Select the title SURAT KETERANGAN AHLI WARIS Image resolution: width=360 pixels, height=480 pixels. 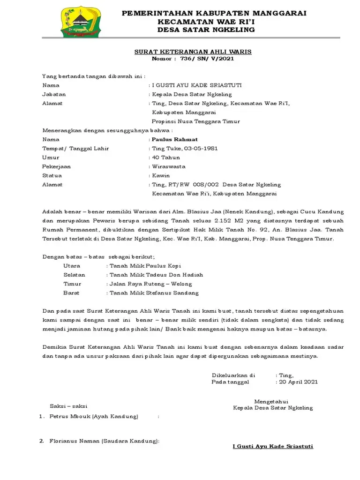point(193,52)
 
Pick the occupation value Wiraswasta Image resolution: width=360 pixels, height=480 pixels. point(169,166)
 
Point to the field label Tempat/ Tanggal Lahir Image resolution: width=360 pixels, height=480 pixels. point(75,149)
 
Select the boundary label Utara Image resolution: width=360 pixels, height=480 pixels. point(72,266)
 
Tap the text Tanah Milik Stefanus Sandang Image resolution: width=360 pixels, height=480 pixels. point(154,293)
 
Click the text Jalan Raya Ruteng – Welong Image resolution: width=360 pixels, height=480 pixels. point(150,284)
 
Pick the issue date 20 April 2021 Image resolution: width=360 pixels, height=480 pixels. point(298,382)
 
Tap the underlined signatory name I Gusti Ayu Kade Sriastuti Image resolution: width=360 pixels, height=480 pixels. point(273,446)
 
